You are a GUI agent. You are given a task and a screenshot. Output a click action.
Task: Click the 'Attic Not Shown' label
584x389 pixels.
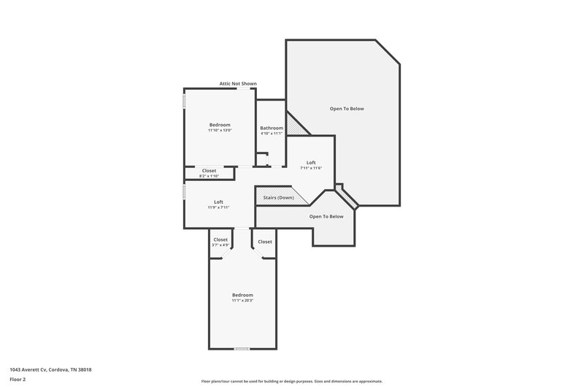(x=238, y=84)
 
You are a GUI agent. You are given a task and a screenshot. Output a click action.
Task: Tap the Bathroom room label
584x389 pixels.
(x=271, y=128)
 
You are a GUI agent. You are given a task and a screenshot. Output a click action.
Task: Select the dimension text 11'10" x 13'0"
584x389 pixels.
(x=220, y=131)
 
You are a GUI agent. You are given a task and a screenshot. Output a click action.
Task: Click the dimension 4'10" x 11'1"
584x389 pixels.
(x=271, y=134)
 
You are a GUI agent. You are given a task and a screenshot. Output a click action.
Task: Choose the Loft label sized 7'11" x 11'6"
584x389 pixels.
(x=311, y=162)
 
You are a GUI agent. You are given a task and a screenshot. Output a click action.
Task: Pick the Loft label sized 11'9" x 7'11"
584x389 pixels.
(x=218, y=201)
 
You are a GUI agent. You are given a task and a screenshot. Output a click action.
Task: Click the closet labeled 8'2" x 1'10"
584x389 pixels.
(x=209, y=171)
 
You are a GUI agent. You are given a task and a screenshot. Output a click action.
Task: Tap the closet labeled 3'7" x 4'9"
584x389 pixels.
(x=220, y=240)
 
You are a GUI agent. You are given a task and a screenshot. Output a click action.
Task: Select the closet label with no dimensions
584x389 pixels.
(x=265, y=242)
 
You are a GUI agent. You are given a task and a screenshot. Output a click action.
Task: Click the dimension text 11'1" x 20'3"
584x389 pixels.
(x=242, y=301)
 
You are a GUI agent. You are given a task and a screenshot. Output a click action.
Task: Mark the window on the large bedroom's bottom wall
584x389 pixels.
(x=242, y=349)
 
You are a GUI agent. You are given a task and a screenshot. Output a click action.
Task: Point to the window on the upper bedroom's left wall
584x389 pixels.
(x=184, y=100)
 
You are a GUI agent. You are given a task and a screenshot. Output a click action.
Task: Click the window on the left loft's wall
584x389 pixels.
(x=184, y=190)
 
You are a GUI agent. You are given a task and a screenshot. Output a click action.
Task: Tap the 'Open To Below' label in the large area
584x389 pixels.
(x=346, y=109)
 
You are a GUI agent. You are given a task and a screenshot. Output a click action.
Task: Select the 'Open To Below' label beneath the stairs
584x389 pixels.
(x=326, y=216)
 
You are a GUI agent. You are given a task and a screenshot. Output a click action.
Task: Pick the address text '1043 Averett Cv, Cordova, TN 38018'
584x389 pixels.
(x=50, y=369)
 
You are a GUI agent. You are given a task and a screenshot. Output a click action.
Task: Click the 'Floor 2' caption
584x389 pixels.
(x=18, y=380)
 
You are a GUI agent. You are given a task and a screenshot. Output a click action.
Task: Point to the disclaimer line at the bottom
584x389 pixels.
(x=291, y=381)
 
